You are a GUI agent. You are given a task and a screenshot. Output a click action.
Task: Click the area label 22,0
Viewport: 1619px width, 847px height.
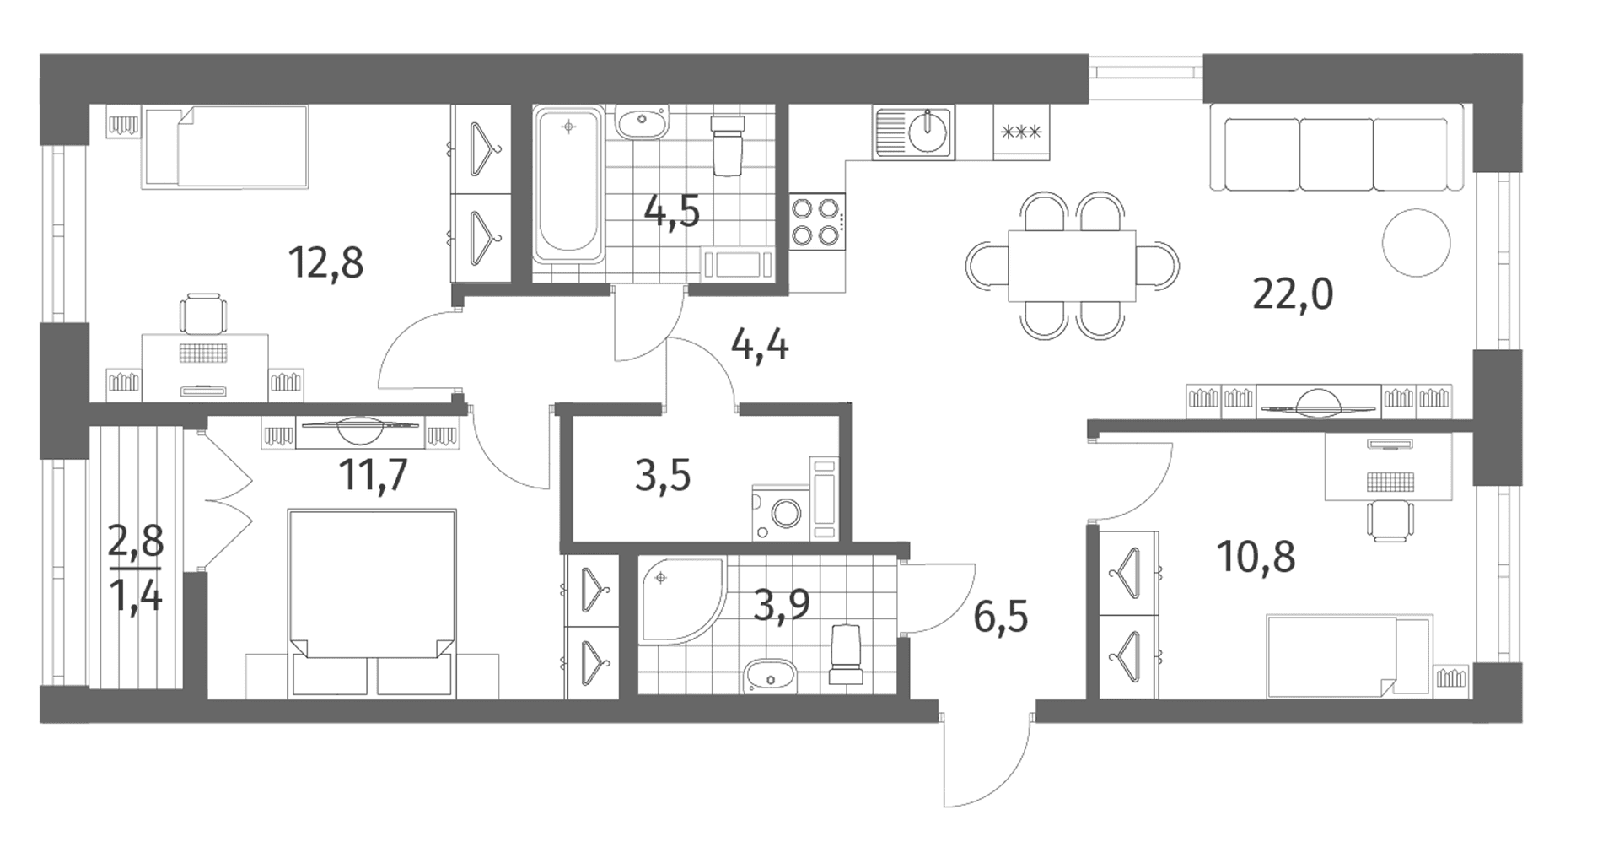[1293, 295]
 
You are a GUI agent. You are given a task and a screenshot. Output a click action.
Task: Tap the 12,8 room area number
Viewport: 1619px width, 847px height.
[325, 262]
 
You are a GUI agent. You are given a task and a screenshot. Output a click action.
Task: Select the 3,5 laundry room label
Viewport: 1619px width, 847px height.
[663, 477]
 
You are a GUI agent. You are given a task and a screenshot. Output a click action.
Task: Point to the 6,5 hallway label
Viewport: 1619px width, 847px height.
[1001, 618]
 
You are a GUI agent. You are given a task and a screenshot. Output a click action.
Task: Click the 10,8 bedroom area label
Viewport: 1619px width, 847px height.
[1256, 557]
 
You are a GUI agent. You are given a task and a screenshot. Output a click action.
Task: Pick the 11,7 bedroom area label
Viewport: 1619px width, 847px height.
[374, 476]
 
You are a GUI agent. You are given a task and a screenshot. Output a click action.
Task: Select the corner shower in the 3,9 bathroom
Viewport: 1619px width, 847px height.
[681, 601]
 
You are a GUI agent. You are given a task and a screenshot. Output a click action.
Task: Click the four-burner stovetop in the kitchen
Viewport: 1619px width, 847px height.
[818, 221]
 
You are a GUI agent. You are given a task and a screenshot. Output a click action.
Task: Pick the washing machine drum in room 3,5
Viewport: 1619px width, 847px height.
[788, 513]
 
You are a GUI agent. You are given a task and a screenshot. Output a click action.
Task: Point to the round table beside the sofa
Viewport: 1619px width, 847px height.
[1417, 242]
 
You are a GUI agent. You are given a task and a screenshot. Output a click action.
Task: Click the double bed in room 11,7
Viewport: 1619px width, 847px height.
[372, 603]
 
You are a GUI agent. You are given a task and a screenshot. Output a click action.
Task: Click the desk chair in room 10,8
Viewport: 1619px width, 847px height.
[1390, 520]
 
